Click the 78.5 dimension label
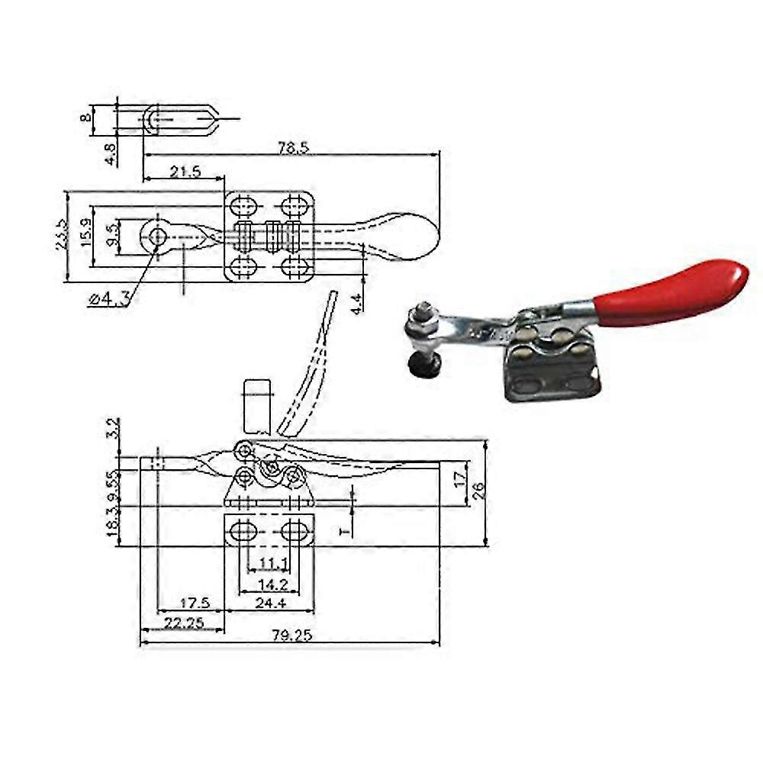click(294, 147)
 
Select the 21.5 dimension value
click(185, 172)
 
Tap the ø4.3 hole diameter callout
click(108, 300)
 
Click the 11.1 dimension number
click(272, 564)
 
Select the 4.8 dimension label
click(111, 153)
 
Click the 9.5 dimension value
click(112, 234)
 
